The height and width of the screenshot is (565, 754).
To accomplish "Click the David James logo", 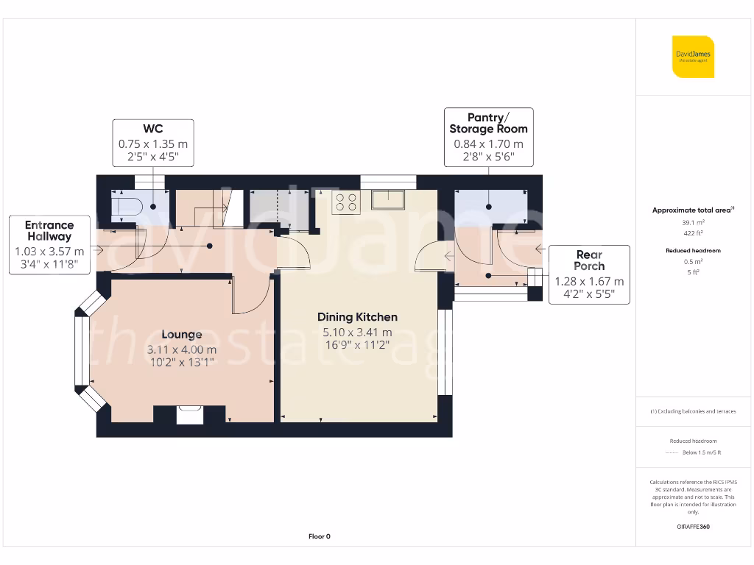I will [693, 57].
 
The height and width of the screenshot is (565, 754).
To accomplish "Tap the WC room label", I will [152, 129].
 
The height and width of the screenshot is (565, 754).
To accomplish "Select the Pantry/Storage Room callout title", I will [488, 123].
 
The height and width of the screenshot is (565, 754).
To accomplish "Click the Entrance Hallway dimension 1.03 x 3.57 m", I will [49, 252].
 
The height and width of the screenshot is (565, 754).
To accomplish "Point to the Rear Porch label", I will [589, 260].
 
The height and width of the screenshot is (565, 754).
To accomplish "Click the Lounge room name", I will [181, 335].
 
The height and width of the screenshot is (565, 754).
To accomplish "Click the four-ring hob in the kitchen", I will [346, 202].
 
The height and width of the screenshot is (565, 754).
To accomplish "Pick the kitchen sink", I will [387, 199].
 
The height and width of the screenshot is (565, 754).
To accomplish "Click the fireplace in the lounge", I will [190, 415].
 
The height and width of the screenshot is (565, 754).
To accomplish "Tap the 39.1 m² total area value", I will [691, 222].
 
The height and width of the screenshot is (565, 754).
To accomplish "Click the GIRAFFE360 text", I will [693, 527].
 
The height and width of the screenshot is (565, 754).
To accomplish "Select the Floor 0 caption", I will [319, 536].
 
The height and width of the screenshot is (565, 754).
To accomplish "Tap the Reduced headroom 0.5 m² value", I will [691, 262].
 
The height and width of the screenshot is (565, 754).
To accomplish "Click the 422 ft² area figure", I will [691, 233].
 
